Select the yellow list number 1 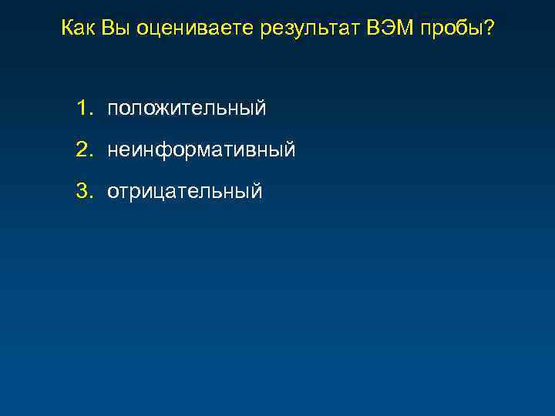(82, 109)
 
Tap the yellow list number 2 (82, 149)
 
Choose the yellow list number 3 (82, 190)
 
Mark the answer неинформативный (201, 150)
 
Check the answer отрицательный (185, 191)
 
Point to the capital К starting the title (67, 29)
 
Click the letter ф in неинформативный (164, 150)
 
